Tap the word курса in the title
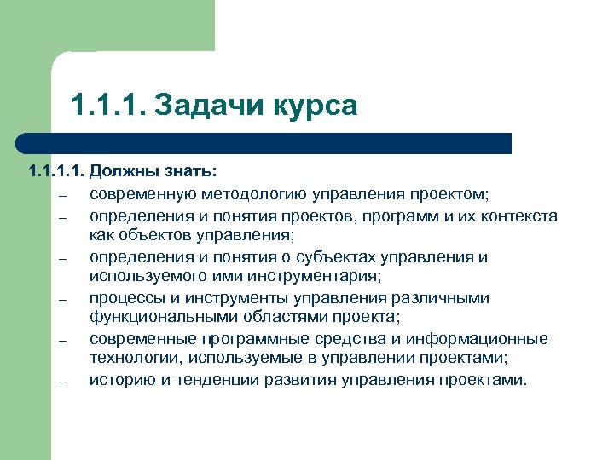point(315,106)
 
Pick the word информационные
point(486,339)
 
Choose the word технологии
point(135,359)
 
